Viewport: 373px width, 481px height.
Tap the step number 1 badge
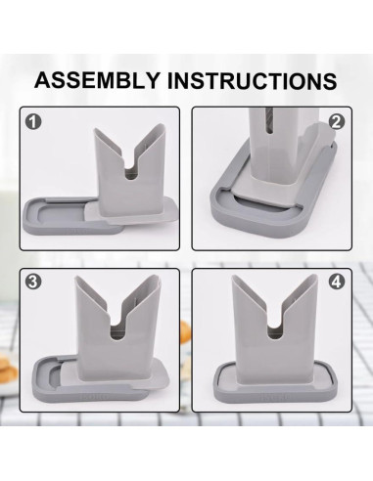click(35, 123)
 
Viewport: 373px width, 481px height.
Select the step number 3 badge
click(35, 283)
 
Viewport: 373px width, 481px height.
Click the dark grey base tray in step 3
click(59, 376)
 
